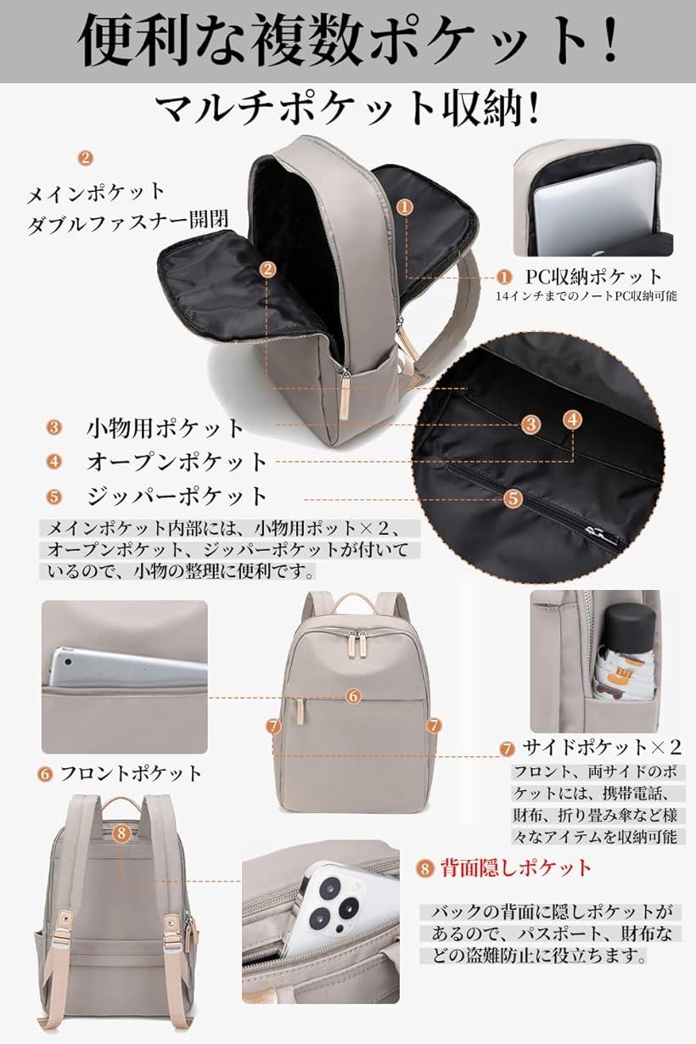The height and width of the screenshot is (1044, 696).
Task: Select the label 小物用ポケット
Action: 166,428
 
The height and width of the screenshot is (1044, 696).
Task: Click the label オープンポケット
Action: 177,462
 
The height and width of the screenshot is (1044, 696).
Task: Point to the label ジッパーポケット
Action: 177,496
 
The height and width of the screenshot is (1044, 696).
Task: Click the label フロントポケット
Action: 131,773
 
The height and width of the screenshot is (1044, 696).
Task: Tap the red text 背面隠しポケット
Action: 515,867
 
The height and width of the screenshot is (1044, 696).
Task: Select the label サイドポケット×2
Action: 602,748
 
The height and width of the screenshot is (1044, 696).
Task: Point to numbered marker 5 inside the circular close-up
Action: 513,499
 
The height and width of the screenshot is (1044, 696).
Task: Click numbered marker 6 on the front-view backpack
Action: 354,695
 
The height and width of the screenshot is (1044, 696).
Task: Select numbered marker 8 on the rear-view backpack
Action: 121,833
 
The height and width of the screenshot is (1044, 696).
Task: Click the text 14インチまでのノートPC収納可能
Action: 587,296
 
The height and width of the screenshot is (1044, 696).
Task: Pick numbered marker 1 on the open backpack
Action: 405,206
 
